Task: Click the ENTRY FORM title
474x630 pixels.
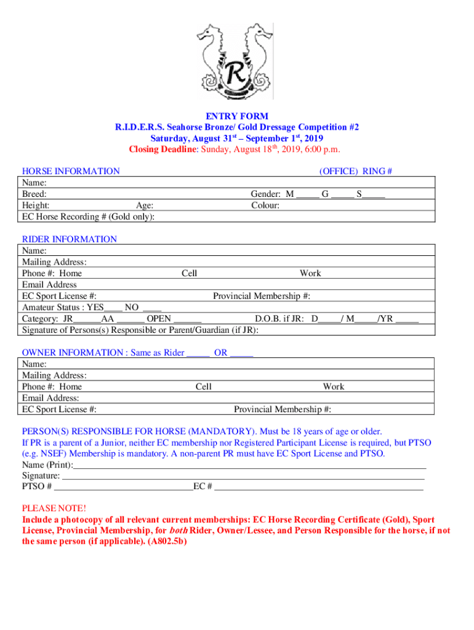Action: coord(237,116)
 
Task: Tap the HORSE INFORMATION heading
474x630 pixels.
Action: coord(71,171)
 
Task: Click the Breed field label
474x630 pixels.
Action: coord(34,194)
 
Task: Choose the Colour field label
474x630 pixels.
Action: coord(265,205)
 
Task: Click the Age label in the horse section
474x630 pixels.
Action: coord(145,205)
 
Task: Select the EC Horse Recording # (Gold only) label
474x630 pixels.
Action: coord(88,217)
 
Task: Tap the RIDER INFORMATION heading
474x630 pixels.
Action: coord(70,239)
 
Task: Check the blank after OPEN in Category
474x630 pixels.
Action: coord(187,319)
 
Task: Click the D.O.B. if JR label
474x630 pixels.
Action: coord(280,319)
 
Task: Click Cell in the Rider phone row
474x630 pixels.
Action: coord(189,273)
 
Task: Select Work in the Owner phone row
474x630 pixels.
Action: coord(334,387)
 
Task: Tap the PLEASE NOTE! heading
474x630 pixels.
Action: coord(54,508)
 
